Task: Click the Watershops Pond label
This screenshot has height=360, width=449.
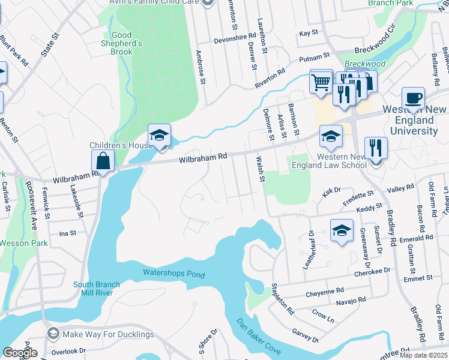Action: pos(173,274)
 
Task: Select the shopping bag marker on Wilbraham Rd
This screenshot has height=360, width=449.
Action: pos(103,161)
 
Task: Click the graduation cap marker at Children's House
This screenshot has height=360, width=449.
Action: pos(160,136)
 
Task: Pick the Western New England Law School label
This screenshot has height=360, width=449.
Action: pos(328,161)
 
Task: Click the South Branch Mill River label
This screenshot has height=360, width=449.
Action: pos(97,289)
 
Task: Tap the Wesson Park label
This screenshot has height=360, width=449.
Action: pos(23,243)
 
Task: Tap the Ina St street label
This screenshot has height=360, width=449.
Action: pos(68,233)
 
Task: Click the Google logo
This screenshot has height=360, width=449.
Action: pos(20,353)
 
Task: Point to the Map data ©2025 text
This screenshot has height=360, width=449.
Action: pos(424,355)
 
